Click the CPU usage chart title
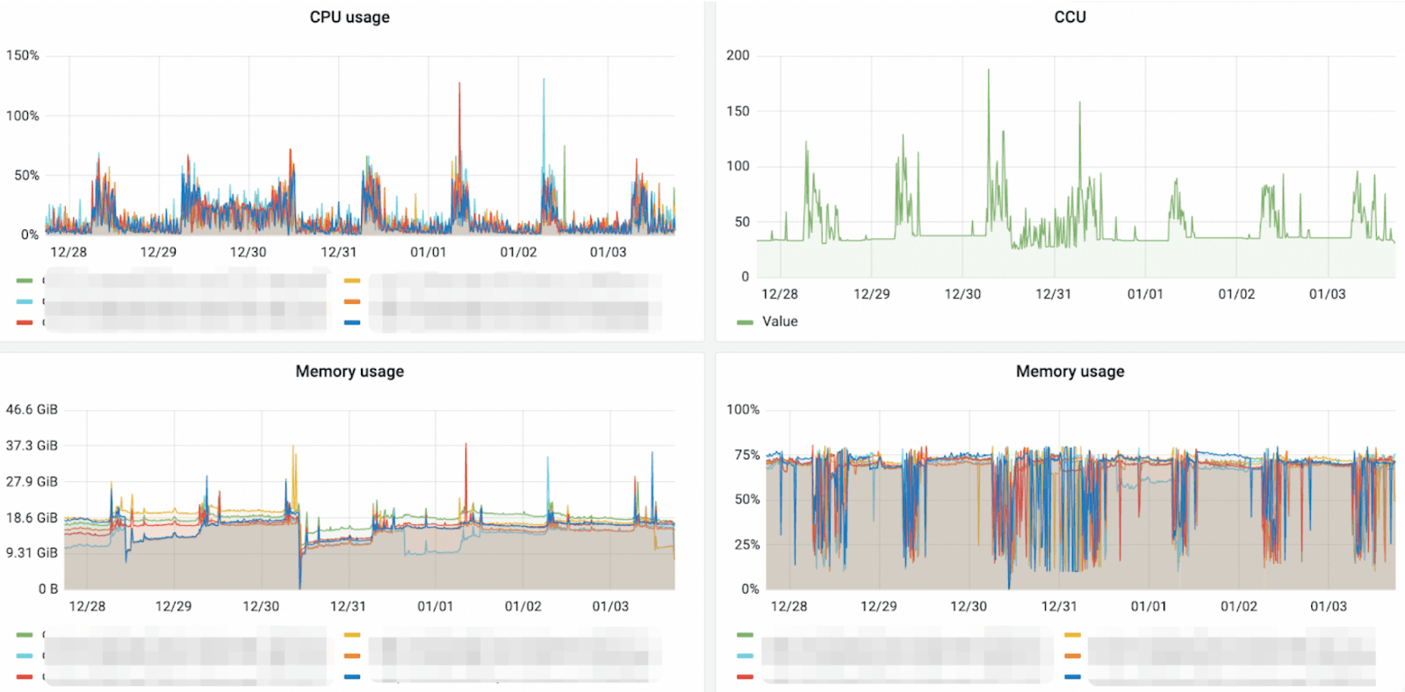349,18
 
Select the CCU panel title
1070,18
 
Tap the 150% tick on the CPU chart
23,55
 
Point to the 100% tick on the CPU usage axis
23,116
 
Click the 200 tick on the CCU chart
738,55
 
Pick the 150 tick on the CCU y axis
738,112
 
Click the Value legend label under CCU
780,321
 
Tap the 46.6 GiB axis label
32,410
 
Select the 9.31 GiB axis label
32,553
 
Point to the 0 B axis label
48,589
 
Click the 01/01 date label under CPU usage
429,252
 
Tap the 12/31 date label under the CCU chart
1054,294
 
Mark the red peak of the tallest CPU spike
459,83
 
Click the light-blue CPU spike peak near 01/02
544,80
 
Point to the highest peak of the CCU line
988,70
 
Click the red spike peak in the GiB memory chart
465,444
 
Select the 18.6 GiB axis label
32,518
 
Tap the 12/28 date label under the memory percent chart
789,607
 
